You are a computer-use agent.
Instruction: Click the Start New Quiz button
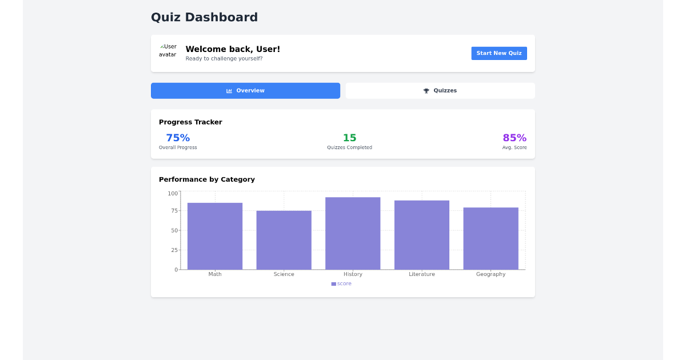click(x=499, y=53)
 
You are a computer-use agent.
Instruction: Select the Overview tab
click(x=245, y=91)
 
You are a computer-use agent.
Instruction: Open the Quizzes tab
click(x=440, y=91)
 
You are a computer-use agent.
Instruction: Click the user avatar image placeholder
click(x=168, y=51)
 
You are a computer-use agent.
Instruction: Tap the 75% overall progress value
click(x=178, y=138)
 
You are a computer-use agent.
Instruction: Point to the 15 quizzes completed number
click(x=349, y=138)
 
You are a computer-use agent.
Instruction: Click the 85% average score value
click(x=514, y=138)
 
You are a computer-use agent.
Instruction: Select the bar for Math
click(x=215, y=236)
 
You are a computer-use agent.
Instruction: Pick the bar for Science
click(x=284, y=240)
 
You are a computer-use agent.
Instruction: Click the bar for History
click(x=353, y=233)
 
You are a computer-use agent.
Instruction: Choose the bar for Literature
click(x=422, y=235)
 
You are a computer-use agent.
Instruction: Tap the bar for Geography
click(x=490, y=238)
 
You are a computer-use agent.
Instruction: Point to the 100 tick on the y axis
click(x=173, y=193)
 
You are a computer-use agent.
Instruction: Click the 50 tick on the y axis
click(x=174, y=230)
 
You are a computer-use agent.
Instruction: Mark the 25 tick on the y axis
click(x=174, y=250)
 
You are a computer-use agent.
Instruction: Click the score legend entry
click(x=341, y=283)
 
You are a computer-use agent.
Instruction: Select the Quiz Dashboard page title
click(x=204, y=17)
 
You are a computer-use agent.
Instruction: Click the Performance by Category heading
click(x=207, y=179)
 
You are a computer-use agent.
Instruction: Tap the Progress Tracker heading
click(x=190, y=122)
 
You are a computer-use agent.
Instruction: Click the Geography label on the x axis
click(x=490, y=274)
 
